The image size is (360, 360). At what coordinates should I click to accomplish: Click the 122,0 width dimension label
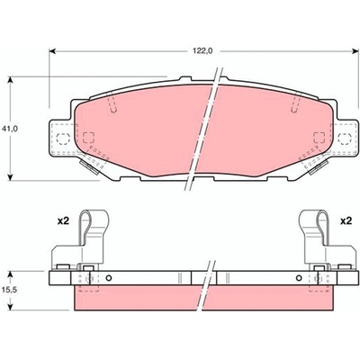tap(202, 51)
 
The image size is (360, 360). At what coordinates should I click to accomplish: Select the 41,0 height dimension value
tap(10, 129)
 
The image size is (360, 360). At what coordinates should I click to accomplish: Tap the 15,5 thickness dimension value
tap(10, 291)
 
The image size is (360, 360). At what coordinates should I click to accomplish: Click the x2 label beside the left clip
tap(63, 221)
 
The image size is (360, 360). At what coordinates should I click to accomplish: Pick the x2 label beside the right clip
tap(346, 221)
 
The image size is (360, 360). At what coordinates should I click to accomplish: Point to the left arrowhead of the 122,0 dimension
tap(52, 51)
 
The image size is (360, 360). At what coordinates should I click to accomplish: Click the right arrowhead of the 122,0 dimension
tap(355, 51)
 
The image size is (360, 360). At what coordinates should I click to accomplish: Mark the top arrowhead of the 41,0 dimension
tap(11, 80)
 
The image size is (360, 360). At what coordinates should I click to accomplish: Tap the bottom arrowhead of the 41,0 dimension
tap(11, 176)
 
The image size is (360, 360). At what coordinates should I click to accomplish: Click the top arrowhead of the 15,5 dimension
tap(11, 275)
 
